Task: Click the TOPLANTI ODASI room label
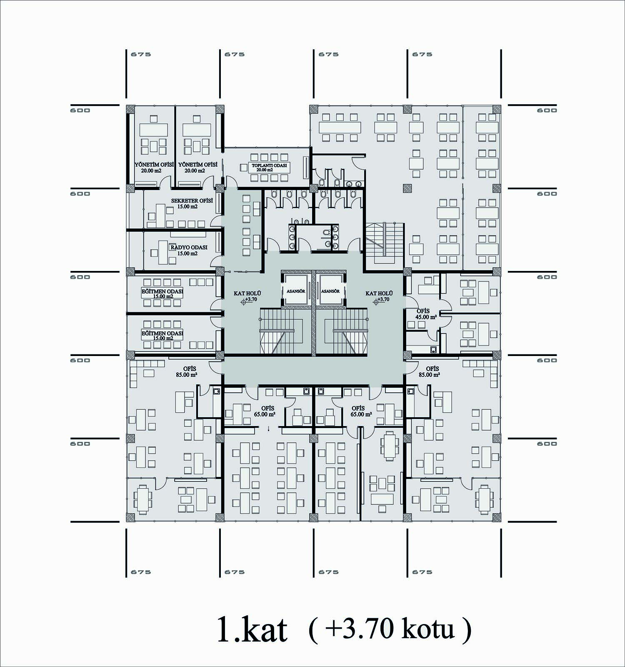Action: tap(269, 168)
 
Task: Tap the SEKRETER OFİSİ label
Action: tap(192, 203)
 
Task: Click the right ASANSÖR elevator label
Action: tap(330, 291)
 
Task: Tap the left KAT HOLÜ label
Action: tap(247, 296)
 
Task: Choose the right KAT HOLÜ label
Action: tap(379, 296)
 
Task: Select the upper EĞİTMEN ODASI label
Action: tap(162, 293)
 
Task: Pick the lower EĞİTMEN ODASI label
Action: tap(162, 336)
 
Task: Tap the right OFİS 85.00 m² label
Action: tap(430, 371)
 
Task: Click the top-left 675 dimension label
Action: tap(141, 54)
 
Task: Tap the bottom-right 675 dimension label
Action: tap(422, 572)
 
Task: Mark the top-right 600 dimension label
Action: tap(547, 110)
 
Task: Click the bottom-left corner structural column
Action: tap(131, 517)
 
